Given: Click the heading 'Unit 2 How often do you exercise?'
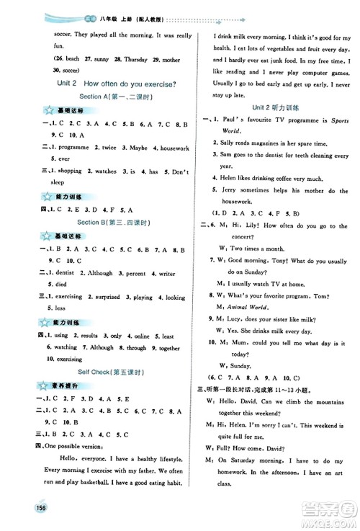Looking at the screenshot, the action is click(97, 84).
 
